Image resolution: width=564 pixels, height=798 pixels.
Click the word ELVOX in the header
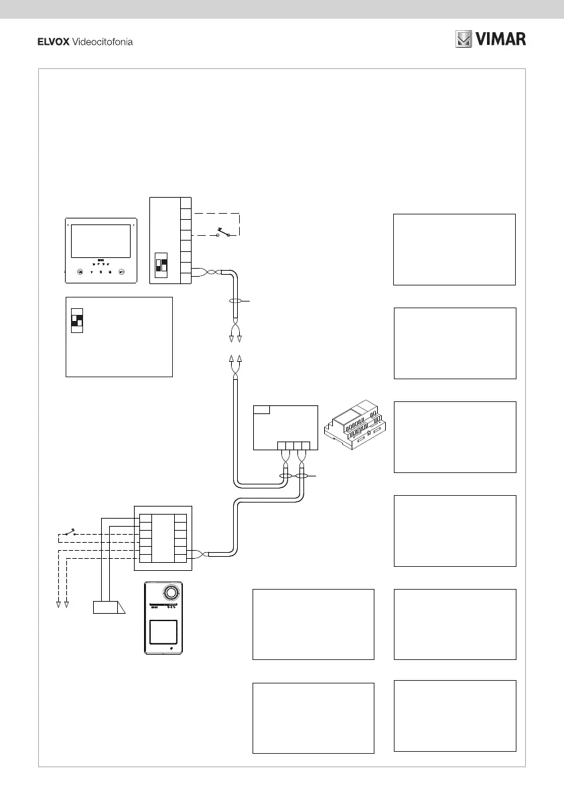(x=56, y=42)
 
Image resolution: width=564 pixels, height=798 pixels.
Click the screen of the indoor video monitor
(x=100, y=241)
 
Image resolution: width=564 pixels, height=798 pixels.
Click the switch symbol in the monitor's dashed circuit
(x=222, y=234)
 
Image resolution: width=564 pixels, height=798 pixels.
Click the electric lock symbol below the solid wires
(x=108, y=608)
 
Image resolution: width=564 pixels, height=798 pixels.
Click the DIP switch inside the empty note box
(x=76, y=319)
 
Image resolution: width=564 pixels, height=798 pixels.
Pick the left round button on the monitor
(x=79, y=272)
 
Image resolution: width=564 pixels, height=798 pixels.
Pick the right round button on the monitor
(x=122, y=272)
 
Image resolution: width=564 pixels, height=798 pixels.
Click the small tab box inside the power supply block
(x=263, y=409)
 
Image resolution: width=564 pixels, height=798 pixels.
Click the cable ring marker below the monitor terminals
(x=235, y=303)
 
